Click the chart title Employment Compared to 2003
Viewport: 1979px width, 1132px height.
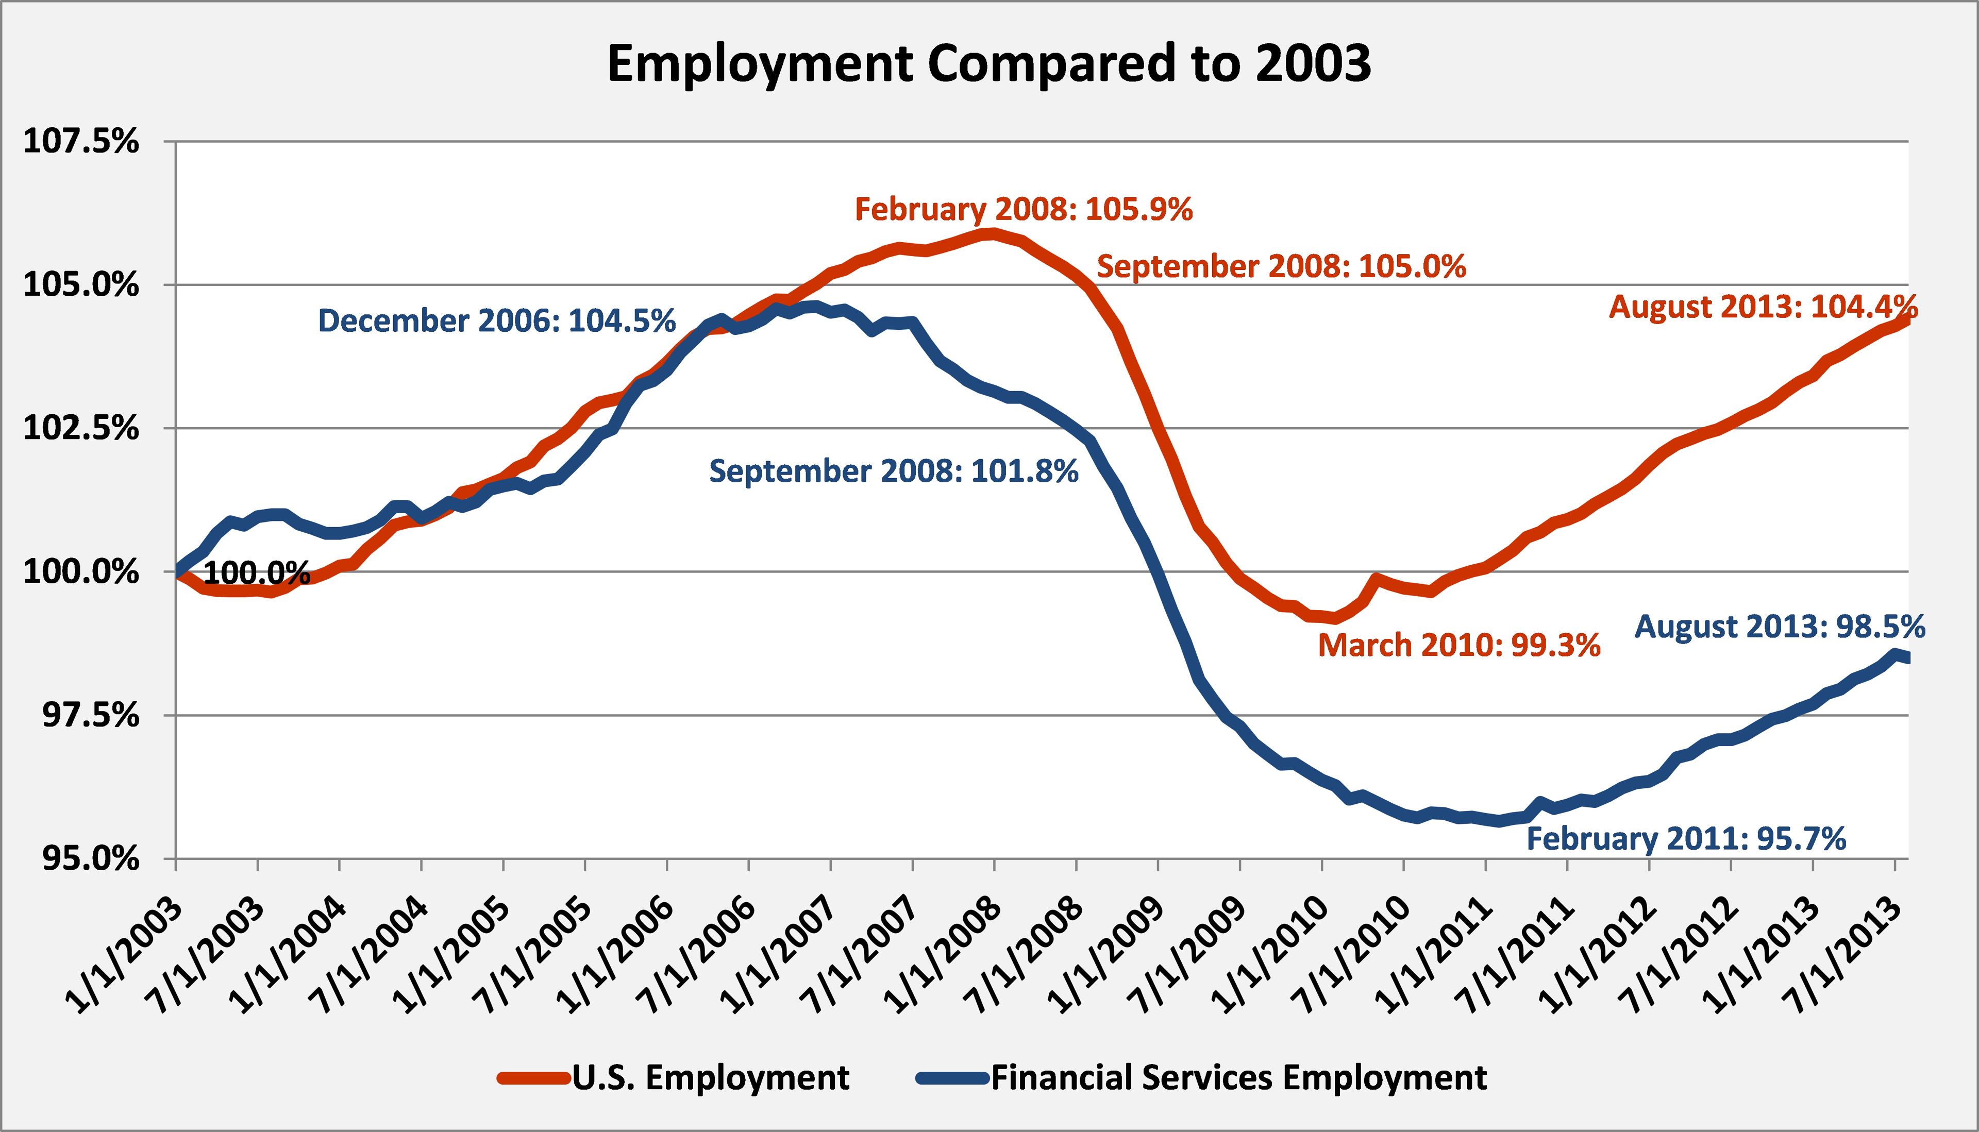988,64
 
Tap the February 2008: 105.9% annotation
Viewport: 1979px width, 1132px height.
1024,210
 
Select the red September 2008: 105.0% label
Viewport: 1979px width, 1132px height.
1281,267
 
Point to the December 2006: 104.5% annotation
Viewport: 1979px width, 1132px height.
496,321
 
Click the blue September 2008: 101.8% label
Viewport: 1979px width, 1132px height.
894,471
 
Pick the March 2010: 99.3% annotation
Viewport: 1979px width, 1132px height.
1459,645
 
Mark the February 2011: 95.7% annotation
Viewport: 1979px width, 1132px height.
1686,839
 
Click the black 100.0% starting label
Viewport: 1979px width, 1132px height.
257,574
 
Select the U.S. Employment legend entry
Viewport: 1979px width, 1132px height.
710,1077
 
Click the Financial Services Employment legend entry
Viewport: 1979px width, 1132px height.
1238,1077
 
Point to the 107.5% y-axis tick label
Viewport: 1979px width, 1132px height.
81,142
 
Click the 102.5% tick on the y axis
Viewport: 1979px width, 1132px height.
81,428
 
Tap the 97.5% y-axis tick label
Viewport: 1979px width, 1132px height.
90,715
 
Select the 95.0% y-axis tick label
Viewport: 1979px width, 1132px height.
90,859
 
